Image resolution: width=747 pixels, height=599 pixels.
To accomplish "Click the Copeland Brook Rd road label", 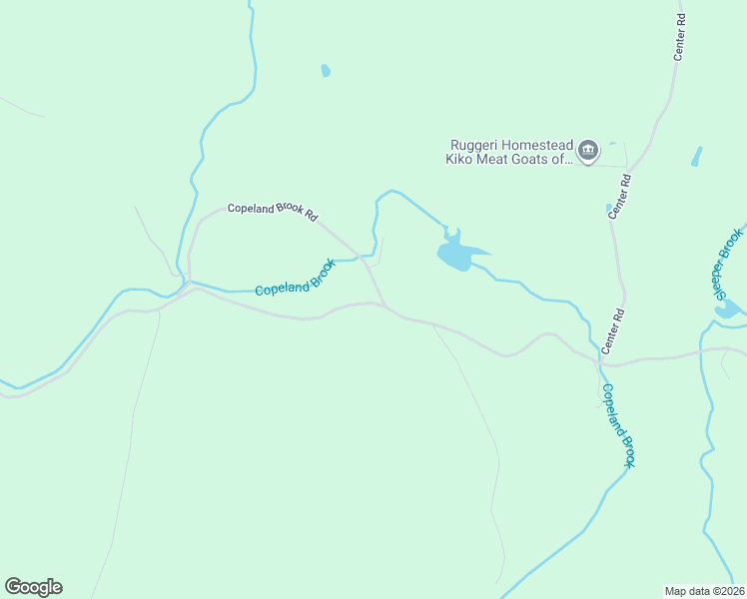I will tap(272, 211).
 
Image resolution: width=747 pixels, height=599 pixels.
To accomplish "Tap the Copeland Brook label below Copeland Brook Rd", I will tap(295, 277).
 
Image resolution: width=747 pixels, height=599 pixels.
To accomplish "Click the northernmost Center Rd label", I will tap(680, 38).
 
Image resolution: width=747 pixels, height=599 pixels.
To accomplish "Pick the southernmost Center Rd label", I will tap(612, 333).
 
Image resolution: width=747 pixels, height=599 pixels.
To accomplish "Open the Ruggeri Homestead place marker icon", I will tap(587, 151).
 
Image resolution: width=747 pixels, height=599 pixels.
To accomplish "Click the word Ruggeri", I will tap(474, 144).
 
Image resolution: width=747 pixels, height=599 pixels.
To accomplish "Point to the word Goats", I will tap(541, 158).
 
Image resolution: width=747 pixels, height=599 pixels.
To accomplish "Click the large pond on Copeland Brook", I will tap(458, 254).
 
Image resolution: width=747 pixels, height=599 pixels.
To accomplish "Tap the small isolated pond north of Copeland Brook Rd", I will tap(326, 71).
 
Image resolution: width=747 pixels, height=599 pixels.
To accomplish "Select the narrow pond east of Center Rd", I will tap(696, 157).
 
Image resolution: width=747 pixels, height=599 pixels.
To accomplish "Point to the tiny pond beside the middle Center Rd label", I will tap(608, 209).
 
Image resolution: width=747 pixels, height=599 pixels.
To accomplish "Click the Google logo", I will tap(33, 587).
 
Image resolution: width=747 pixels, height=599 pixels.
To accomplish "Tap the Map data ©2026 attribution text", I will tap(704, 590).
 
